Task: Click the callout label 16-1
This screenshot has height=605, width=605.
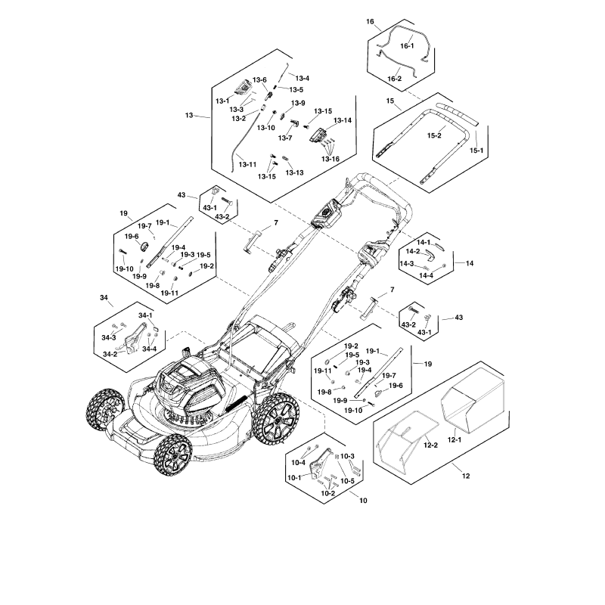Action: pyautogui.click(x=407, y=47)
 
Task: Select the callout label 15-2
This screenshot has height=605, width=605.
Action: pyautogui.click(x=435, y=136)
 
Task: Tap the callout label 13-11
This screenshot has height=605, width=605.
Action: pyautogui.click(x=247, y=164)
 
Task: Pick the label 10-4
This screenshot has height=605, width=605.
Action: pyautogui.click(x=298, y=462)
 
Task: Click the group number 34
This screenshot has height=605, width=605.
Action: pyautogui.click(x=104, y=298)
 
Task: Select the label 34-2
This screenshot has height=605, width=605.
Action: pyautogui.click(x=110, y=354)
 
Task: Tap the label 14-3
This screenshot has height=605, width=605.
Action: pyautogui.click(x=407, y=264)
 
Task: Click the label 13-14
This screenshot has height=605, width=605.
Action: pyautogui.click(x=343, y=120)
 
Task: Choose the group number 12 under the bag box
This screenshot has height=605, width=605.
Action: pyautogui.click(x=465, y=476)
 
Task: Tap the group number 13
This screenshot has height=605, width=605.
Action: pyautogui.click(x=189, y=116)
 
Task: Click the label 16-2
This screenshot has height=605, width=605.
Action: pyautogui.click(x=395, y=79)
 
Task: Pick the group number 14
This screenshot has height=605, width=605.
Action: pyautogui.click(x=470, y=264)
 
